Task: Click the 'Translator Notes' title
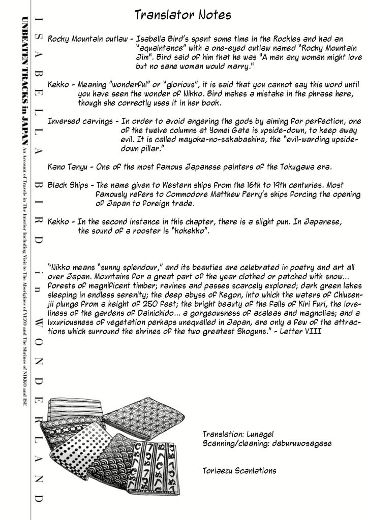(183, 15)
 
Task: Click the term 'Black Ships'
(70, 185)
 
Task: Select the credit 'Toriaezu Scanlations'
(239, 471)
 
